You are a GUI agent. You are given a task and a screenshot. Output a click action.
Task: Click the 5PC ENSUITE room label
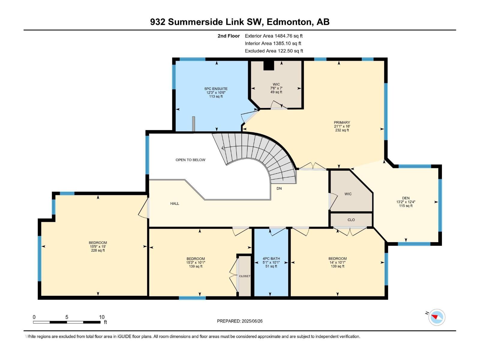(216, 89)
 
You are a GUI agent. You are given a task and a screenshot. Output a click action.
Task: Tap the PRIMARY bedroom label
(342, 122)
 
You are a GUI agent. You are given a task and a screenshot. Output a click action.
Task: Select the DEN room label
(406, 198)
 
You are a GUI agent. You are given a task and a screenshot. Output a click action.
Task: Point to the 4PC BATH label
(271, 259)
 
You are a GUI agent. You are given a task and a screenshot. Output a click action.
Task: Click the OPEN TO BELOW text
(190, 160)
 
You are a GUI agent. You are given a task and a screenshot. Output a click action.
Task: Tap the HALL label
(175, 203)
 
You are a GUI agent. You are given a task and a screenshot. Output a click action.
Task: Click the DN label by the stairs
(279, 188)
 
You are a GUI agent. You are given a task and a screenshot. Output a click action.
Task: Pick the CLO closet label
(351, 220)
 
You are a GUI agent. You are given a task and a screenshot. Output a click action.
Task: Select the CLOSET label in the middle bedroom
(244, 276)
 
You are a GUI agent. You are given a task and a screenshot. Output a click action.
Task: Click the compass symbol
(436, 317)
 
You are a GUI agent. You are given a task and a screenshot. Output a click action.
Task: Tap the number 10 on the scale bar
(102, 317)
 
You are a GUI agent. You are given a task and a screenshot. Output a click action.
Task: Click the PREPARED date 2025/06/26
(252, 321)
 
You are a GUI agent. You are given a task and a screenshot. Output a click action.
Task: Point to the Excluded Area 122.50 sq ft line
(274, 51)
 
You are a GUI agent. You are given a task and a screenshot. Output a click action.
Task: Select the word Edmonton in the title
(289, 22)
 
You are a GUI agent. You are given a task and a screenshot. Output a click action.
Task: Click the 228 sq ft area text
(98, 250)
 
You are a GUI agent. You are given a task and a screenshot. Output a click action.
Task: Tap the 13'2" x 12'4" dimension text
(406, 202)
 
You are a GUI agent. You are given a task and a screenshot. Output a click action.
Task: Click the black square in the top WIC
(269, 65)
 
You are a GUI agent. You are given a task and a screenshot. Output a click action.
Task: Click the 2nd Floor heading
(229, 36)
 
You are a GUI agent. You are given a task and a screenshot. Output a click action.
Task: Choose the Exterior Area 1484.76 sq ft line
(274, 36)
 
